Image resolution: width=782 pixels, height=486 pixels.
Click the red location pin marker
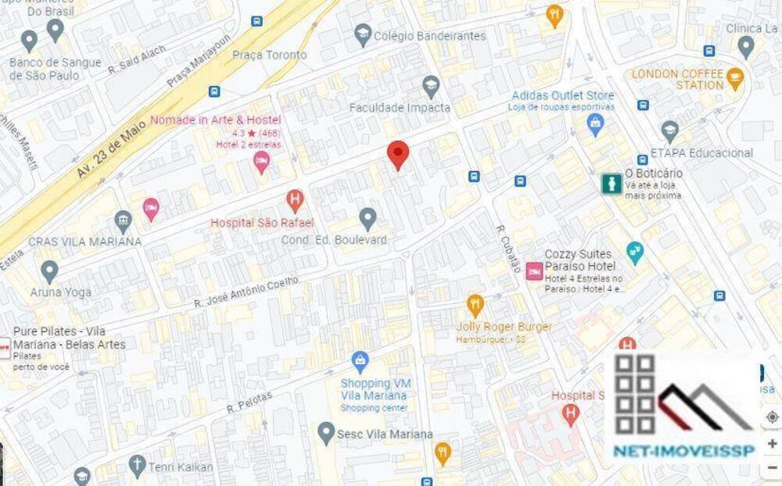[x=398, y=154]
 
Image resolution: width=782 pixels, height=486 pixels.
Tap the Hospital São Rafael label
[x=262, y=223]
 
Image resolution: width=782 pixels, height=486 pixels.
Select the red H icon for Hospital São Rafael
[x=294, y=200]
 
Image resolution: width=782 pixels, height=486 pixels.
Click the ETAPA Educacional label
[x=701, y=153]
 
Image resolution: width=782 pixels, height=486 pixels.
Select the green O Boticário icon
[x=610, y=184]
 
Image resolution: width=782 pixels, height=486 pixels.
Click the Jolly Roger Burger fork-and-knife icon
[x=475, y=303]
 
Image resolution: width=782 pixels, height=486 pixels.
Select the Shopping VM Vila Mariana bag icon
[x=360, y=361]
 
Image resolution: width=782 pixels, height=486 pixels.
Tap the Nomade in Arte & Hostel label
[x=215, y=120]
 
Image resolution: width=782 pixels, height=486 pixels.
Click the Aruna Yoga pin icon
[x=49, y=271]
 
